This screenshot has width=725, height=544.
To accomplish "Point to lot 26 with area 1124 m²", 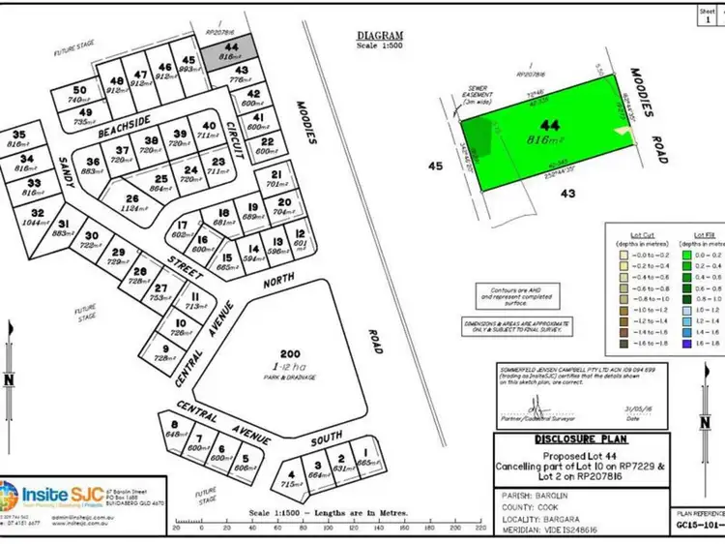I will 146,203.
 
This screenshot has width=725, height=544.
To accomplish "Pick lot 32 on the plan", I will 38,218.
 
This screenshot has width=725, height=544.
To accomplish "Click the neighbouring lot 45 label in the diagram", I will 435,166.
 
